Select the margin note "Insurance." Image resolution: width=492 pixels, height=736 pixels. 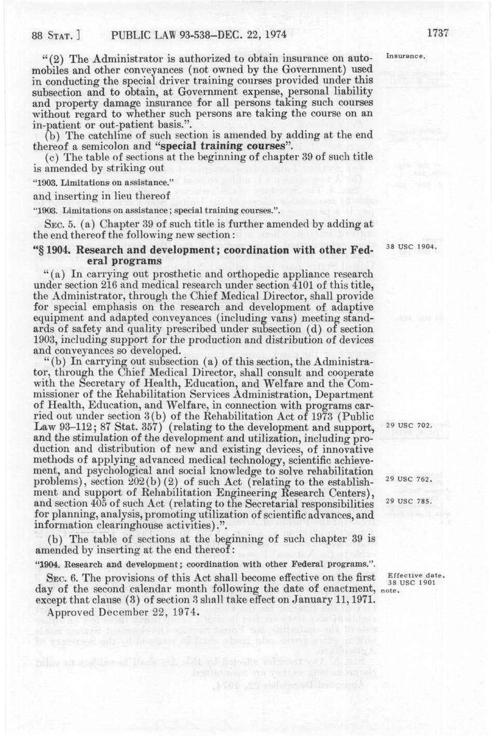(x=406, y=55)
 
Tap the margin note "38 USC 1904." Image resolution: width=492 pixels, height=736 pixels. (x=409, y=246)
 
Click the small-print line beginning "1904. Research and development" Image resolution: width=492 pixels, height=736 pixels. (x=205, y=564)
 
